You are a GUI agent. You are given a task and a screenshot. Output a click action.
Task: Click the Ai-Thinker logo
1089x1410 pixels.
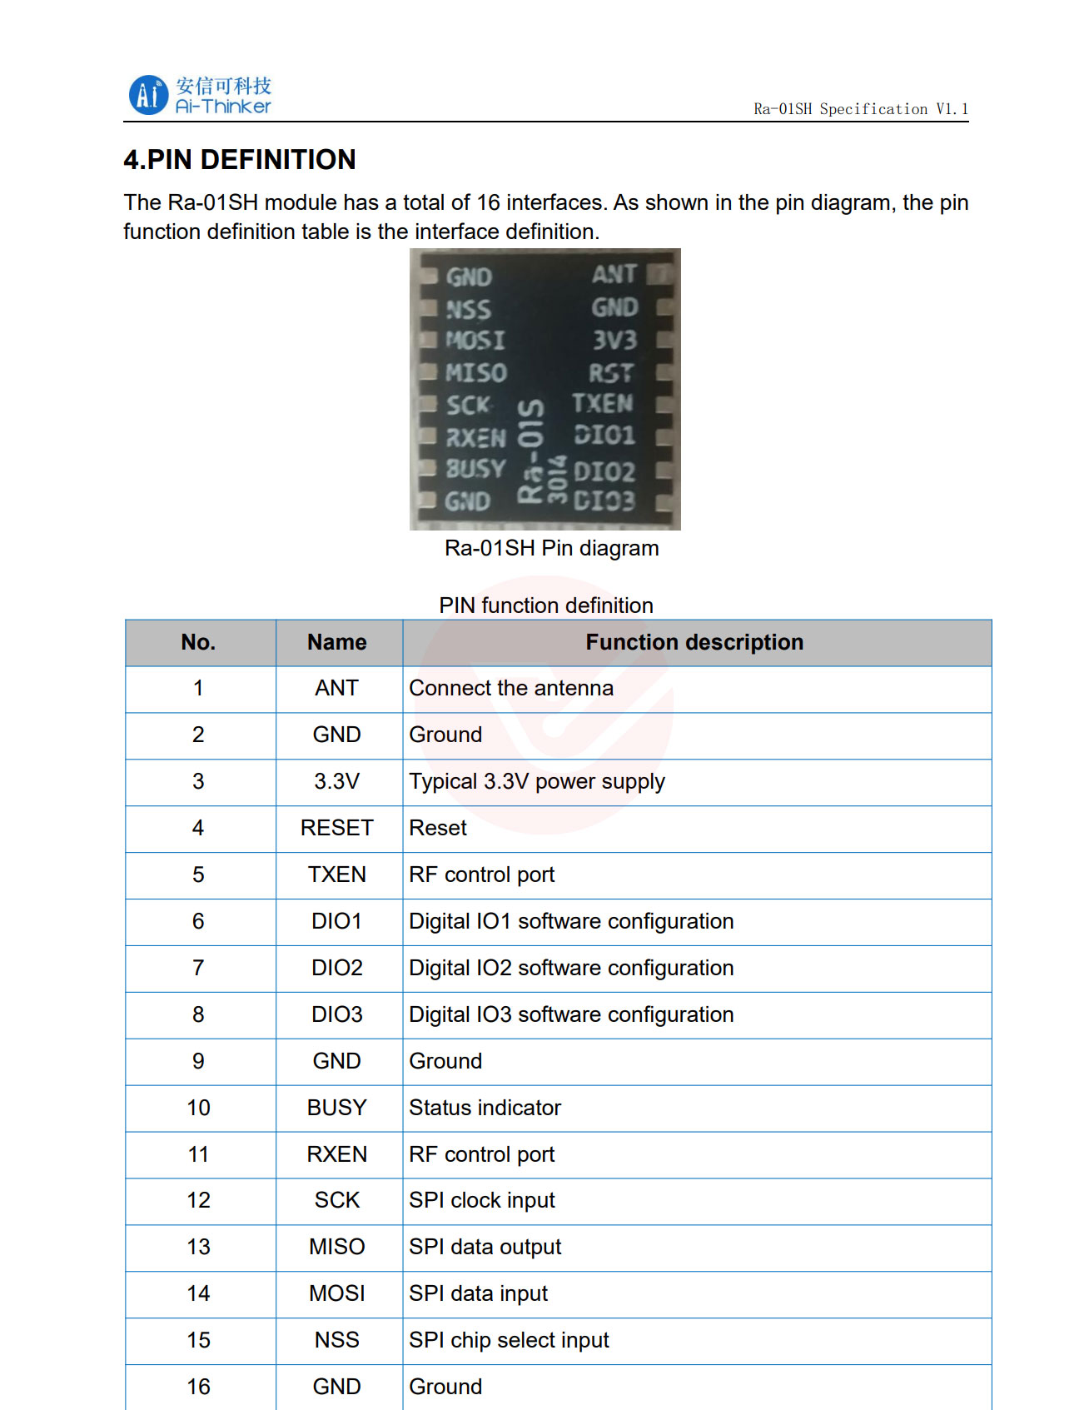click(x=200, y=95)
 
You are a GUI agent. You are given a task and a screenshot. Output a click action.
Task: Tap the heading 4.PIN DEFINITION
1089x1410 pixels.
click(x=240, y=159)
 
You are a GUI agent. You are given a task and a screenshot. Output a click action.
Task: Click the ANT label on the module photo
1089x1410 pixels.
click(x=614, y=274)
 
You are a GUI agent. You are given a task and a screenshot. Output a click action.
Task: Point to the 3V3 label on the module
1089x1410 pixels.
click(x=614, y=340)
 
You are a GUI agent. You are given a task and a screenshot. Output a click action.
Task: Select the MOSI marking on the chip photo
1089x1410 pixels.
click(x=475, y=340)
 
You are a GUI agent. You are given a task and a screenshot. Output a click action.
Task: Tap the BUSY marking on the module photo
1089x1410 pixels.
click(x=475, y=469)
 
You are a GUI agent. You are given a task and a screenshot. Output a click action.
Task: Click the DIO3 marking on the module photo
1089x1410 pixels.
click(x=604, y=501)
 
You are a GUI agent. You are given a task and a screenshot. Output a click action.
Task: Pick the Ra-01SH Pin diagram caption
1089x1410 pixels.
click(x=552, y=548)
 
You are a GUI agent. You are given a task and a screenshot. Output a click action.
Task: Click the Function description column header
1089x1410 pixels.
click(x=694, y=642)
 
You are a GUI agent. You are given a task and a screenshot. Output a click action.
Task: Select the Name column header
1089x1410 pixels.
click(x=337, y=642)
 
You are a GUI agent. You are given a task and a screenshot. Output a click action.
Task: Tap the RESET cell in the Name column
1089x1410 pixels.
click(x=337, y=828)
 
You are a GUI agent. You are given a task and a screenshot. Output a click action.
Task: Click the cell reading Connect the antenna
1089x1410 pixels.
click(x=511, y=688)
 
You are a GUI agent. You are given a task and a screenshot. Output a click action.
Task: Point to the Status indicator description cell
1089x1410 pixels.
click(x=485, y=1108)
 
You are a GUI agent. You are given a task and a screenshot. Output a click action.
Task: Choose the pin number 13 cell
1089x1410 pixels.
click(x=199, y=1247)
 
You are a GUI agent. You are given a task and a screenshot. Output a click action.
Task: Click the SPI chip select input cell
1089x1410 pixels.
click(x=509, y=1340)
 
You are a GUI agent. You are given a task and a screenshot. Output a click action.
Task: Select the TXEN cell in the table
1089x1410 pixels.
click(x=337, y=874)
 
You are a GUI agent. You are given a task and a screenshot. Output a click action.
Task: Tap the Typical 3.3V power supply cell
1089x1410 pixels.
click(x=537, y=781)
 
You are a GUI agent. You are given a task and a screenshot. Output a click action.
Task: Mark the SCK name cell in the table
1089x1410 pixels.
click(x=337, y=1200)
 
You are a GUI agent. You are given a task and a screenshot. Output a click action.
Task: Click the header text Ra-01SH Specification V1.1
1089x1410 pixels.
click(x=861, y=109)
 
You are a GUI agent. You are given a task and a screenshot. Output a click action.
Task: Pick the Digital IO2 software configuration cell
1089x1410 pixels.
click(x=571, y=968)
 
